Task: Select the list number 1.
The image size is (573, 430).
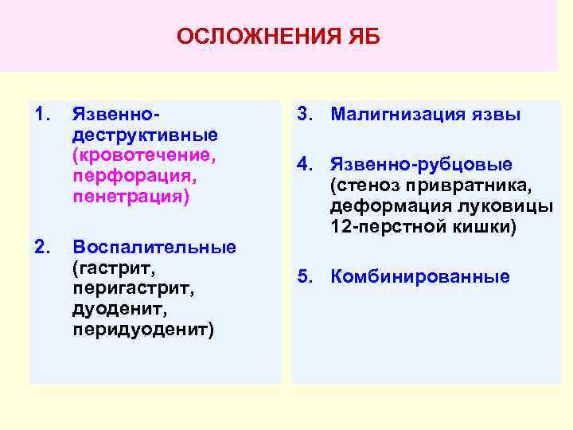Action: pos(42,115)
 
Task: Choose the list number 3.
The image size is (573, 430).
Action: pos(304,115)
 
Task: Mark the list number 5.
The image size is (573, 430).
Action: pos(304,277)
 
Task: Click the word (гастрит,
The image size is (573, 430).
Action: pos(109,267)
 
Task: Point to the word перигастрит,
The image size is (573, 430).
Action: pos(123,287)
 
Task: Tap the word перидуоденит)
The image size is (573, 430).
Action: pos(142,329)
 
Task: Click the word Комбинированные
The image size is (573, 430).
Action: pos(420,277)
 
